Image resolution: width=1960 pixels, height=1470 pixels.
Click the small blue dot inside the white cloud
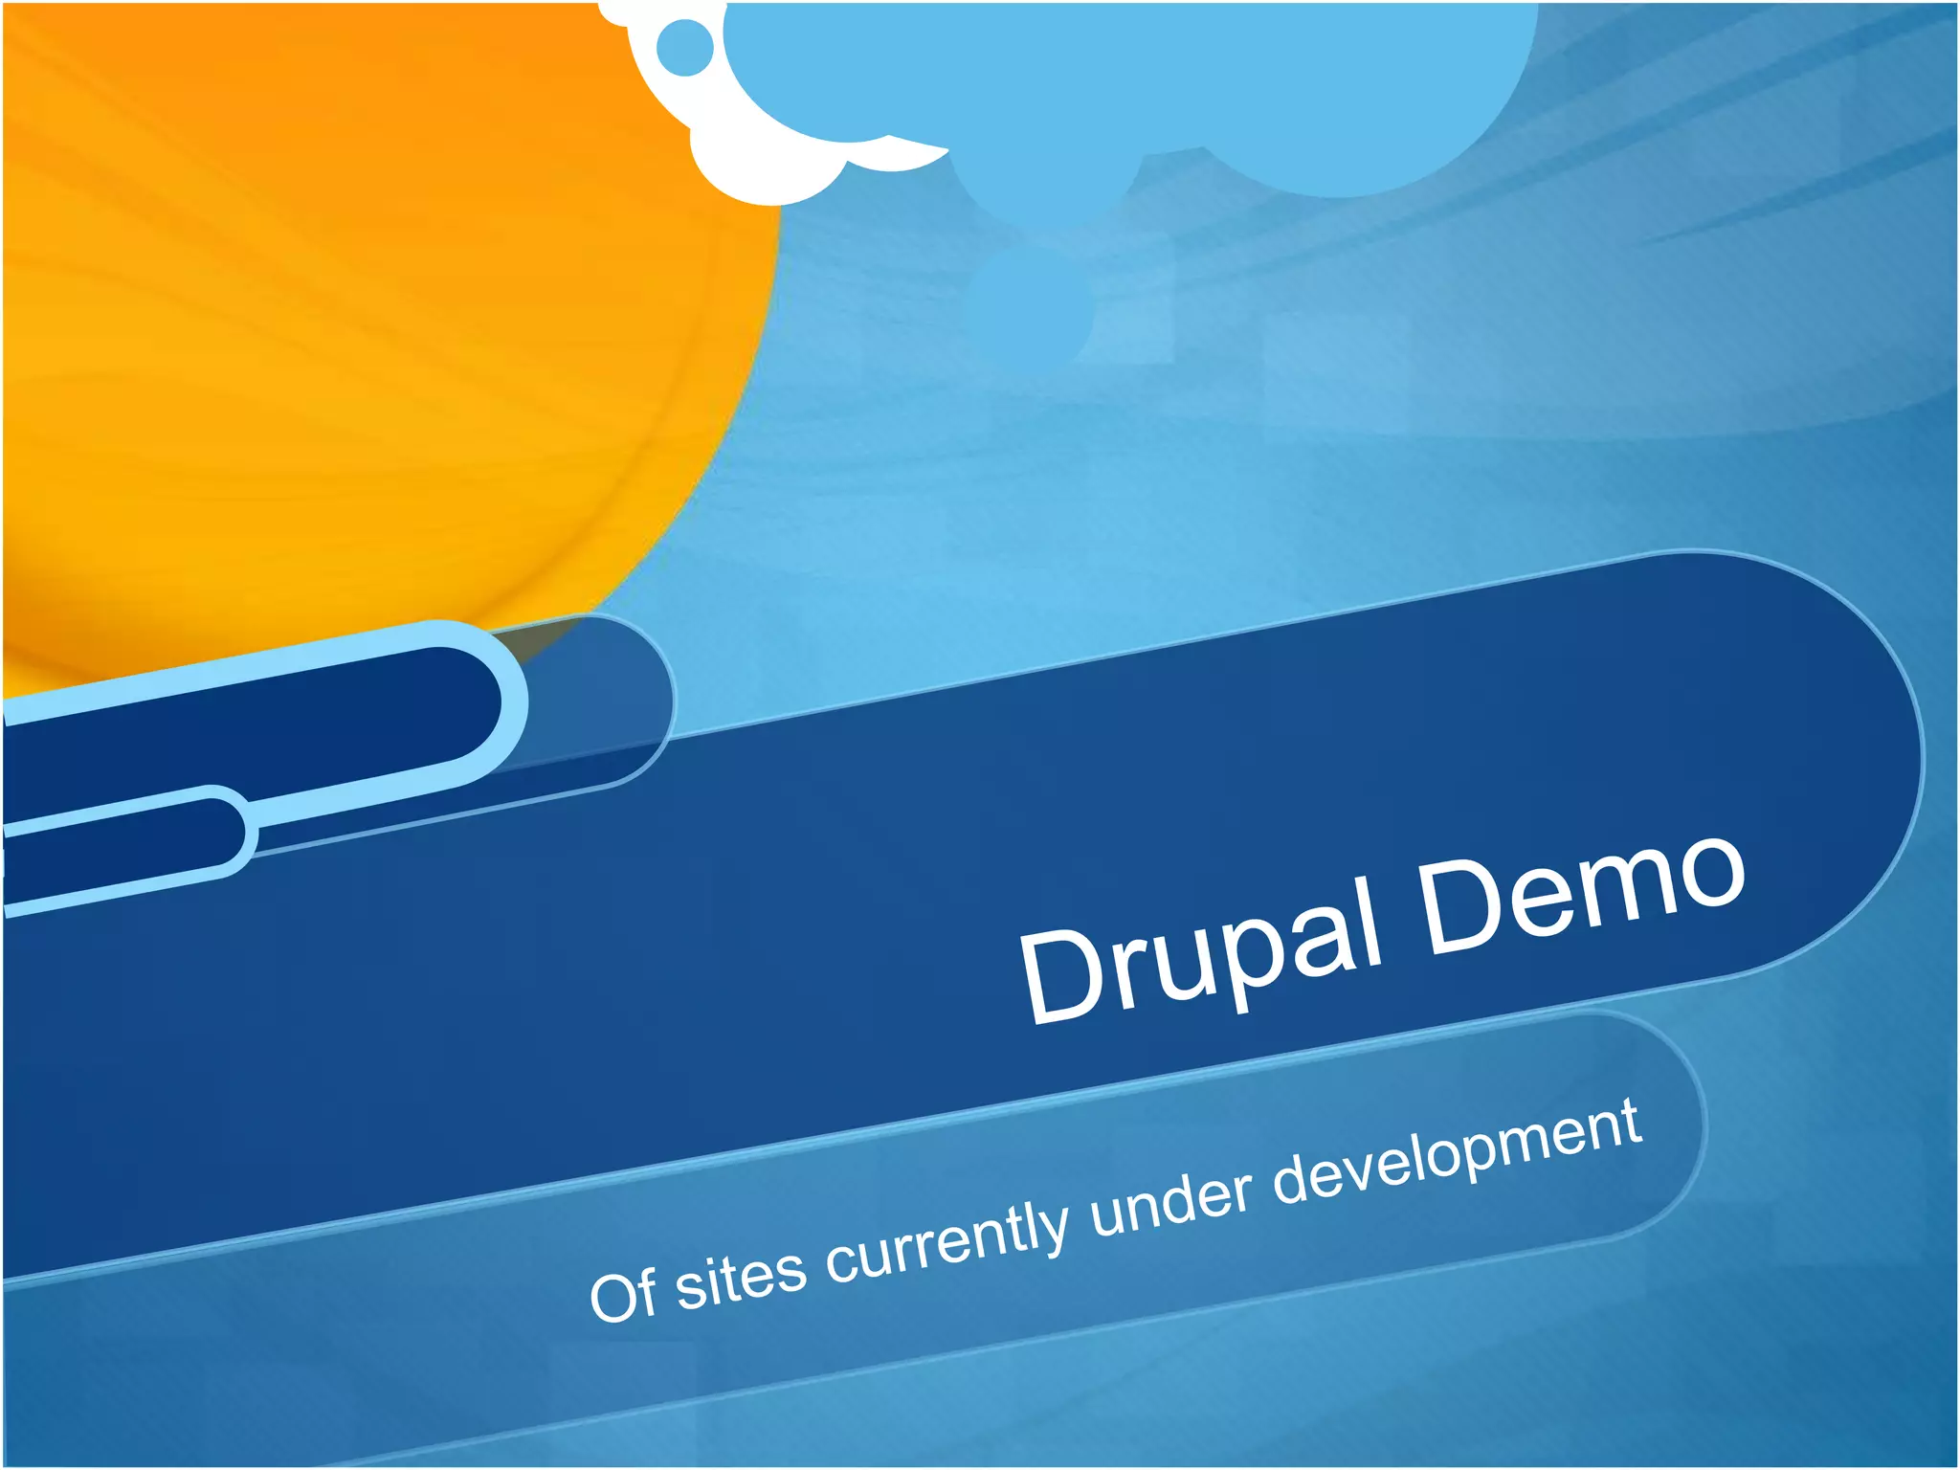[x=686, y=46]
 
